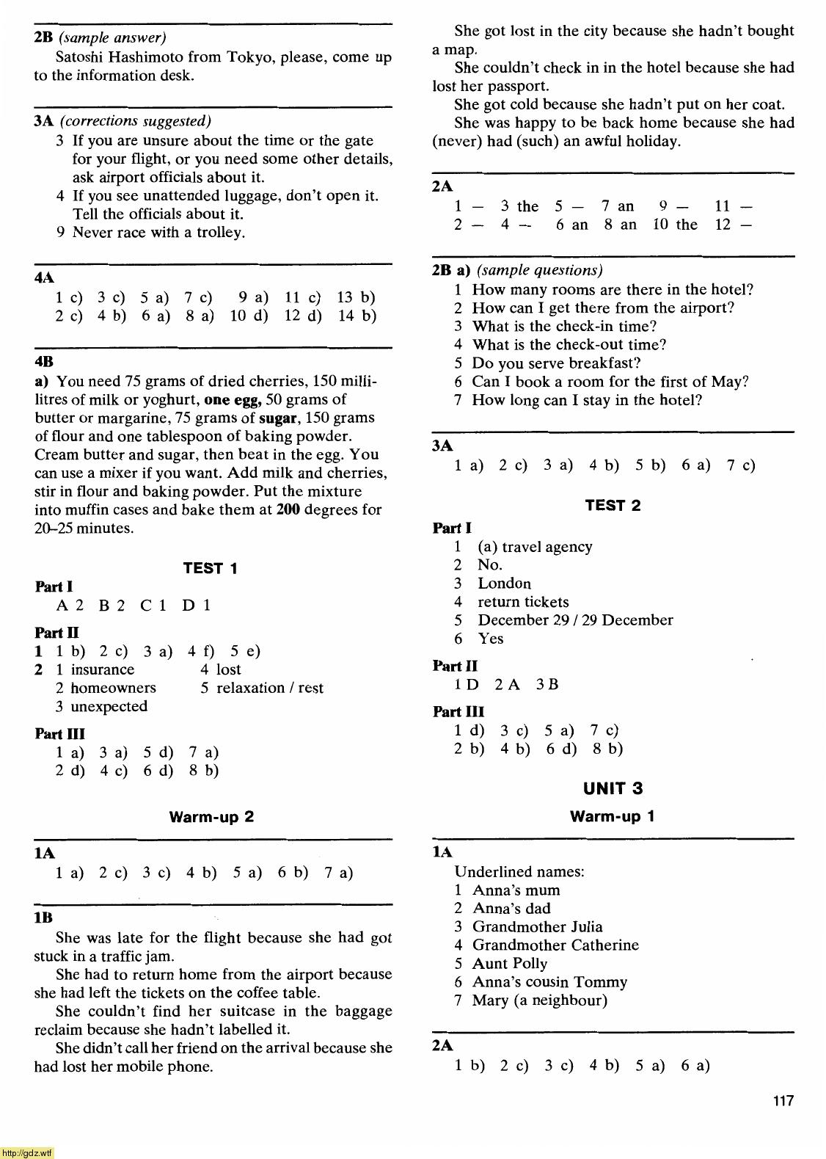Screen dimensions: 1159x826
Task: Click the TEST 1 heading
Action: pos(210,568)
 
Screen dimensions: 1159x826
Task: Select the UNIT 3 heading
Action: pos(613,788)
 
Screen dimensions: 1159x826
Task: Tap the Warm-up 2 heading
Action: pos(211,817)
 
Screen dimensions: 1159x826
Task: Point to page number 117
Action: pos(783,1100)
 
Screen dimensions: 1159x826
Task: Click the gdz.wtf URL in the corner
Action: pos(27,1153)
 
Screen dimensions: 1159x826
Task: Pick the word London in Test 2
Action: pos(504,584)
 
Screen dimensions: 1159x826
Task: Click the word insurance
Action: pos(103,669)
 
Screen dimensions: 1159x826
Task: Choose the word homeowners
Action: pos(113,688)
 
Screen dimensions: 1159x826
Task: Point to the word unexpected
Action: pos(109,706)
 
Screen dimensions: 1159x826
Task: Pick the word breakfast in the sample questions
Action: pos(606,363)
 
